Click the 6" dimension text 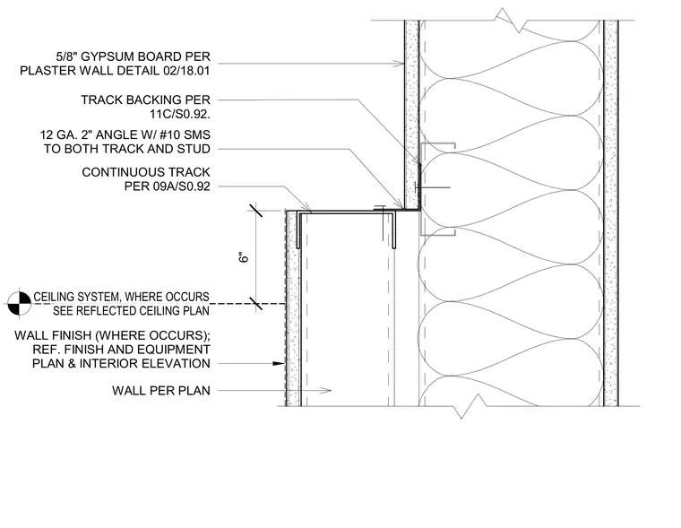pos(244,257)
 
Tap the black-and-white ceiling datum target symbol pos(20,303)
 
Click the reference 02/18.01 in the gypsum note pos(186,71)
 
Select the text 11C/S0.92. pos(180,114)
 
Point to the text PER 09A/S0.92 pos(168,186)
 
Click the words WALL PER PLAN pos(161,391)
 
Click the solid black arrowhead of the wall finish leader pos(279,363)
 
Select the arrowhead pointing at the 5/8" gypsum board pos(399,64)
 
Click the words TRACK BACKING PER pos(145,100)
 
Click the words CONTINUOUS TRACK pos(146,172)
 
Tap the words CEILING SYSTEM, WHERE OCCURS pos(121,297)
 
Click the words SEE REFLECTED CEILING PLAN pos(131,311)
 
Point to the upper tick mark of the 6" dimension pos(255,211)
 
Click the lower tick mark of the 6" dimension pos(255,303)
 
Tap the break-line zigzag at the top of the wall pos(510,20)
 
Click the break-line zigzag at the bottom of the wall pos(470,406)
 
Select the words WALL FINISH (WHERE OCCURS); pos(112,335)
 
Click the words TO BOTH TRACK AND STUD pos(127,149)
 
